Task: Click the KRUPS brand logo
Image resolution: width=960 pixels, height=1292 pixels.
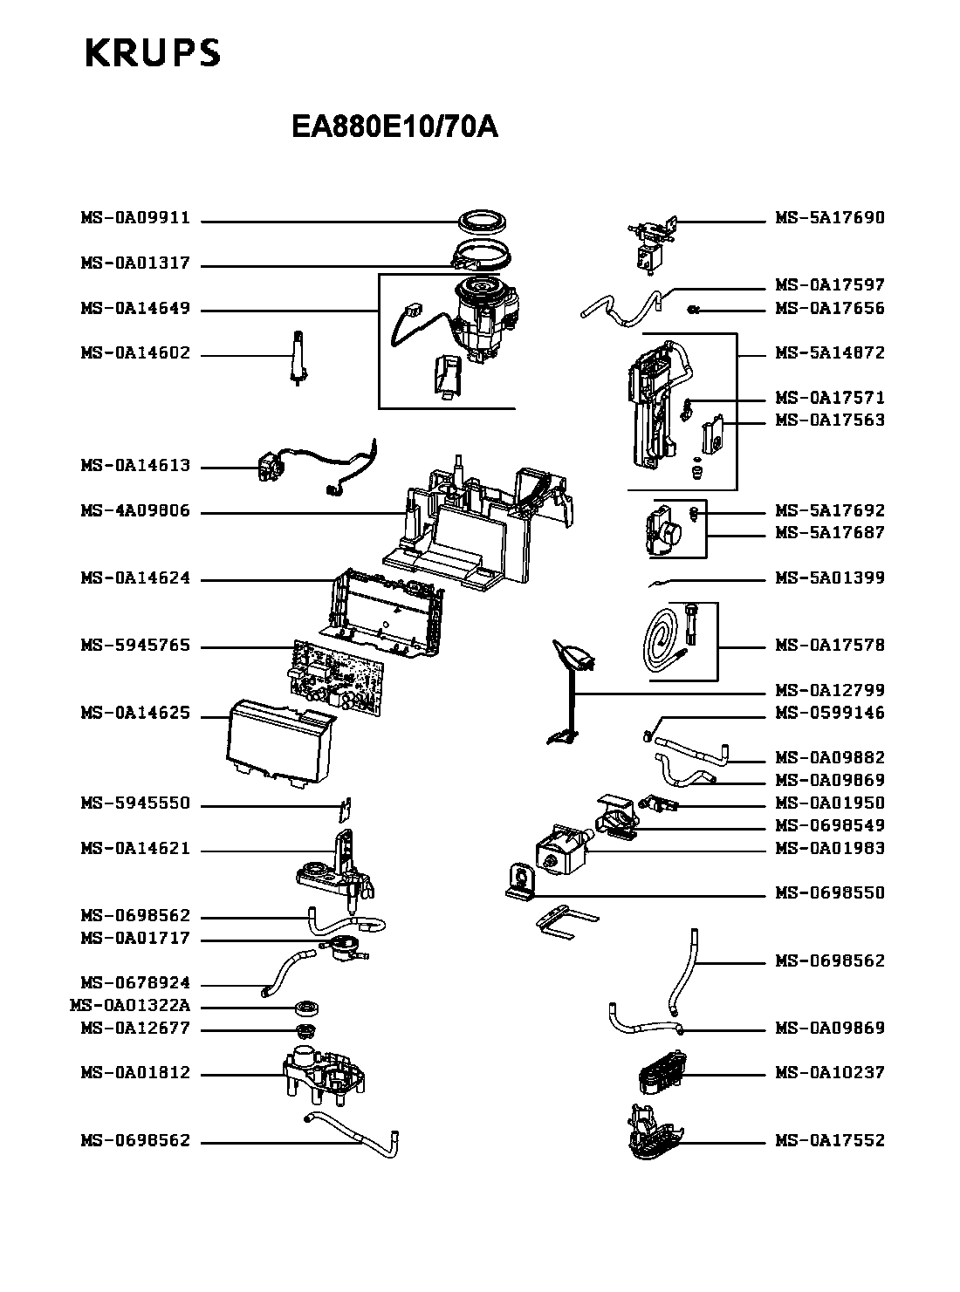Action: point(153,53)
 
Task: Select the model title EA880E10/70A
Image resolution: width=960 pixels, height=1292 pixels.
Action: point(394,128)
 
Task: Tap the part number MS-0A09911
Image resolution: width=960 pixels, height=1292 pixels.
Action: point(135,218)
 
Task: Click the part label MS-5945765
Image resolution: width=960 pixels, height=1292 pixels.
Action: point(135,646)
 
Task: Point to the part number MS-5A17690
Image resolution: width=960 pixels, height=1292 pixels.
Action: point(830,218)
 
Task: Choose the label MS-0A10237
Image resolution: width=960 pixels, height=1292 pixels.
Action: point(830,1073)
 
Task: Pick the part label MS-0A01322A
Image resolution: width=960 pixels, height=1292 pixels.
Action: point(129,1006)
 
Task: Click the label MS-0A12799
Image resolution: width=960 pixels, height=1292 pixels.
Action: point(830,690)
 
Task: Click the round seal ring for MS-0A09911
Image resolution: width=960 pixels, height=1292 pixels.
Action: point(483,220)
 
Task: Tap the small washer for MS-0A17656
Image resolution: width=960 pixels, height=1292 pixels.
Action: point(694,309)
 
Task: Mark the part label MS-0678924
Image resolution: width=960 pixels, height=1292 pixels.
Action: point(135,983)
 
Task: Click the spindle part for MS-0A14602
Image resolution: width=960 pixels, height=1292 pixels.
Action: point(298,356)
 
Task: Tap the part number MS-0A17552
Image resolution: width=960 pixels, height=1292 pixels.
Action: point(830,1141)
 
